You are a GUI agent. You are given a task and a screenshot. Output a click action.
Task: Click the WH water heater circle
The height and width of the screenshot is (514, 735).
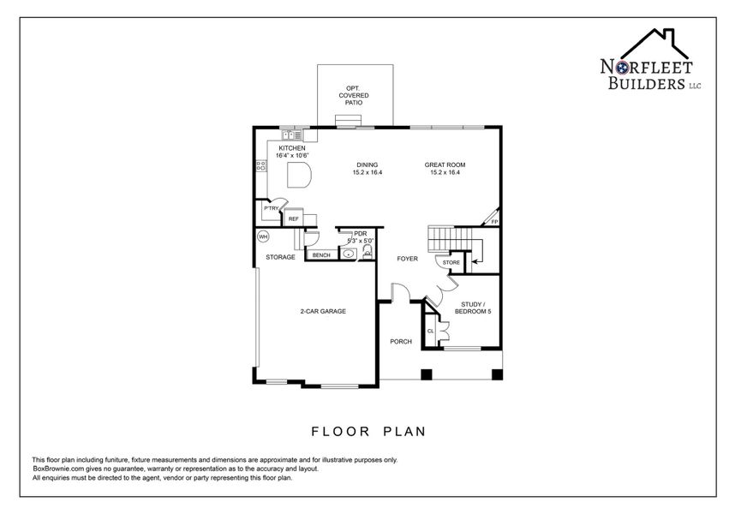pos(264,236)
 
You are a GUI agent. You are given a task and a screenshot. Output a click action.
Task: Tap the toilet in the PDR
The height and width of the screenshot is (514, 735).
pos(367,250)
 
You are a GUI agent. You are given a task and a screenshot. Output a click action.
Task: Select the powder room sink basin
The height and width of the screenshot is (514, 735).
pos(350,254)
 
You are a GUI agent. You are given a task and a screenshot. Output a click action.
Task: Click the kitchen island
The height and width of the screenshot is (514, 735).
pos(299,176)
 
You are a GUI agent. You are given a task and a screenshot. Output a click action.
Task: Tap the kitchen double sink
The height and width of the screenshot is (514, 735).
pos(290,134)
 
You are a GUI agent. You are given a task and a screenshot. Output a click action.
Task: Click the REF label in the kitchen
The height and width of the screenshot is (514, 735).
pos(293,219)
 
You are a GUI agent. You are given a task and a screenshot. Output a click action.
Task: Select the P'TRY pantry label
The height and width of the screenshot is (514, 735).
pos(272,208)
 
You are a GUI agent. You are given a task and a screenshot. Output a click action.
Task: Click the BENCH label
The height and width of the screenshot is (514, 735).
pos(321,255)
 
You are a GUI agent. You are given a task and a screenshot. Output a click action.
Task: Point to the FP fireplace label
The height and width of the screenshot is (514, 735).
pos(494,222)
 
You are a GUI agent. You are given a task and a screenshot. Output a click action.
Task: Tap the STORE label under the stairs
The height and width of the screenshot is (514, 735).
pos(451,262)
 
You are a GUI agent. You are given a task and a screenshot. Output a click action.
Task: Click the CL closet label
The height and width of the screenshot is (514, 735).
pos(430,330)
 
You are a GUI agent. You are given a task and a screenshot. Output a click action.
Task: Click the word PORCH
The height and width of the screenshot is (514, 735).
pos(401,341)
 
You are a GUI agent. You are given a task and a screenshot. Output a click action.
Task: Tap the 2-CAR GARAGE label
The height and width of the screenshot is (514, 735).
pos(322,311)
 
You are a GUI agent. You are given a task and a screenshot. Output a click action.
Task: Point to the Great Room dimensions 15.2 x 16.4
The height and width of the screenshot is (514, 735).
pos(445,172)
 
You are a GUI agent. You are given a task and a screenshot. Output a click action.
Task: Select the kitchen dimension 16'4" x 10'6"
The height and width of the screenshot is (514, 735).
pos(291,155)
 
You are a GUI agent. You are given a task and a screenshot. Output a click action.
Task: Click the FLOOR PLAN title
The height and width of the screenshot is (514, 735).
pos(367,431)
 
